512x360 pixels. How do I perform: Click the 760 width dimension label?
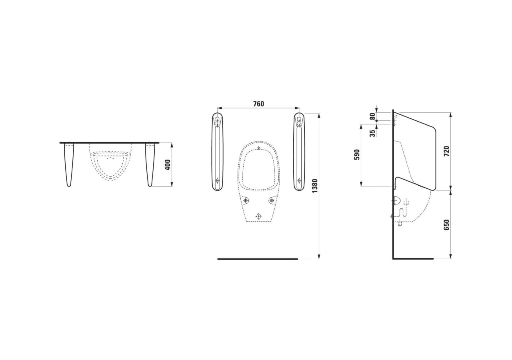coord(258,104)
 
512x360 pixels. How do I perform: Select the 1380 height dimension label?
coord(315,186)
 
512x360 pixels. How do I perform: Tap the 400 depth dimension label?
coord(168,164)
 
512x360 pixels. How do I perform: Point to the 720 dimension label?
coord(447,151)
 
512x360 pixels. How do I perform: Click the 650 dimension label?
coord(447,225)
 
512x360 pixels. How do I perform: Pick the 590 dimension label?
coord(357,154)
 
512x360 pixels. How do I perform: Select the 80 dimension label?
coord(372,116)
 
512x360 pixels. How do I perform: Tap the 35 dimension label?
coord(372,133)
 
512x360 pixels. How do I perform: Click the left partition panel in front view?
coord(217,152)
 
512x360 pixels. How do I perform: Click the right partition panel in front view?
coord(299,152)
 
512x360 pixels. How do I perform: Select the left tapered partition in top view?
coord(69,164)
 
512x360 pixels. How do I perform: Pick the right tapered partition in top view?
coord(150,164)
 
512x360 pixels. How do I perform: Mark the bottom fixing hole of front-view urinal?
coord(258,216)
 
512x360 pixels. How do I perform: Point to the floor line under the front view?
coord(258,259)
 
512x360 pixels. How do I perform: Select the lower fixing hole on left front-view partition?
coord(217,181)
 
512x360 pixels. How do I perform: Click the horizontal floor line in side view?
coord(413,259)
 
